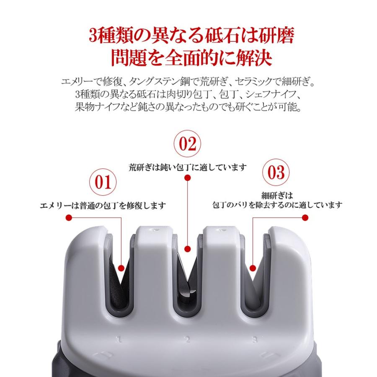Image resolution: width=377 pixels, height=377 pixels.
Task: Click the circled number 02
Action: pyautogui.click(x=187, y=144)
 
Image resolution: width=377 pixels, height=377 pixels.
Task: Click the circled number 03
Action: pyautogui.click(x=275, y=172)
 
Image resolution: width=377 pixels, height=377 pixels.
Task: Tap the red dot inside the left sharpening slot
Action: pyautogui.click(x=121, y=268)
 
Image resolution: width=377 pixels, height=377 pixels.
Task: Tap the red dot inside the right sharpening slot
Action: pyautogui.click(x=253, y=268)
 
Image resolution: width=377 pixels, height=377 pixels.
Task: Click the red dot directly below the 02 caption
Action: pyautogui.click(x=187, y=178)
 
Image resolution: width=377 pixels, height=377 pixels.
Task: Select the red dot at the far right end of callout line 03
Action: pyautogui.click(x=305, y=217)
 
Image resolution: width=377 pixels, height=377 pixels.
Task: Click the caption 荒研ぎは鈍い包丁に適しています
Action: pyautogui.click(x=187, y=167)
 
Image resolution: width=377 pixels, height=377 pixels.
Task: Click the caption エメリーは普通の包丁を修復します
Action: pyautogui.click(x=103, y=205)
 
